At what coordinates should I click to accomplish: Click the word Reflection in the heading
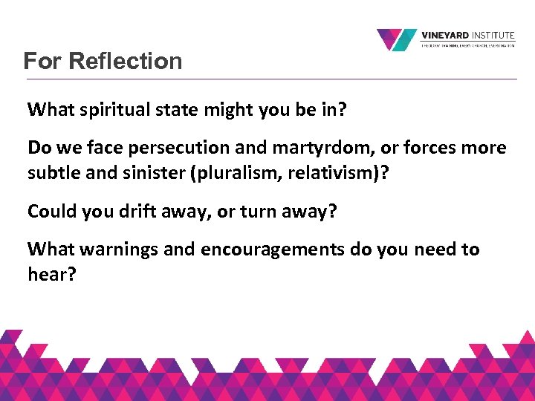click(126, 61)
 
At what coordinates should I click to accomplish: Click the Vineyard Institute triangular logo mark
click(396, 39)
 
